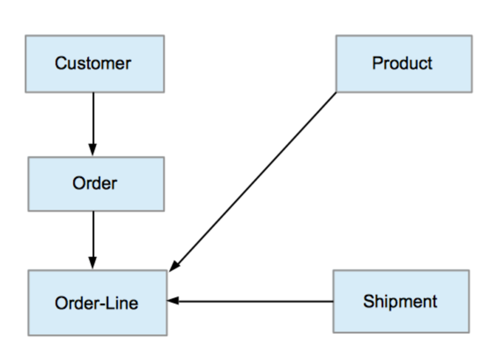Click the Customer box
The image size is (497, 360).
95,64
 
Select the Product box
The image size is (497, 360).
403,64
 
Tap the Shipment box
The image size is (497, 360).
401,301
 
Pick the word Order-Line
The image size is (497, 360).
96,303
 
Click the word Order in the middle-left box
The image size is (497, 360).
95,184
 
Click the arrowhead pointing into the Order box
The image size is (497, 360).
93,150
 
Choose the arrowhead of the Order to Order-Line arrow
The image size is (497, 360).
93,263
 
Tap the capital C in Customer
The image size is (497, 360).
61,64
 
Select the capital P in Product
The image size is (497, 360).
377,64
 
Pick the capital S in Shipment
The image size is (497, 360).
369,301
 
